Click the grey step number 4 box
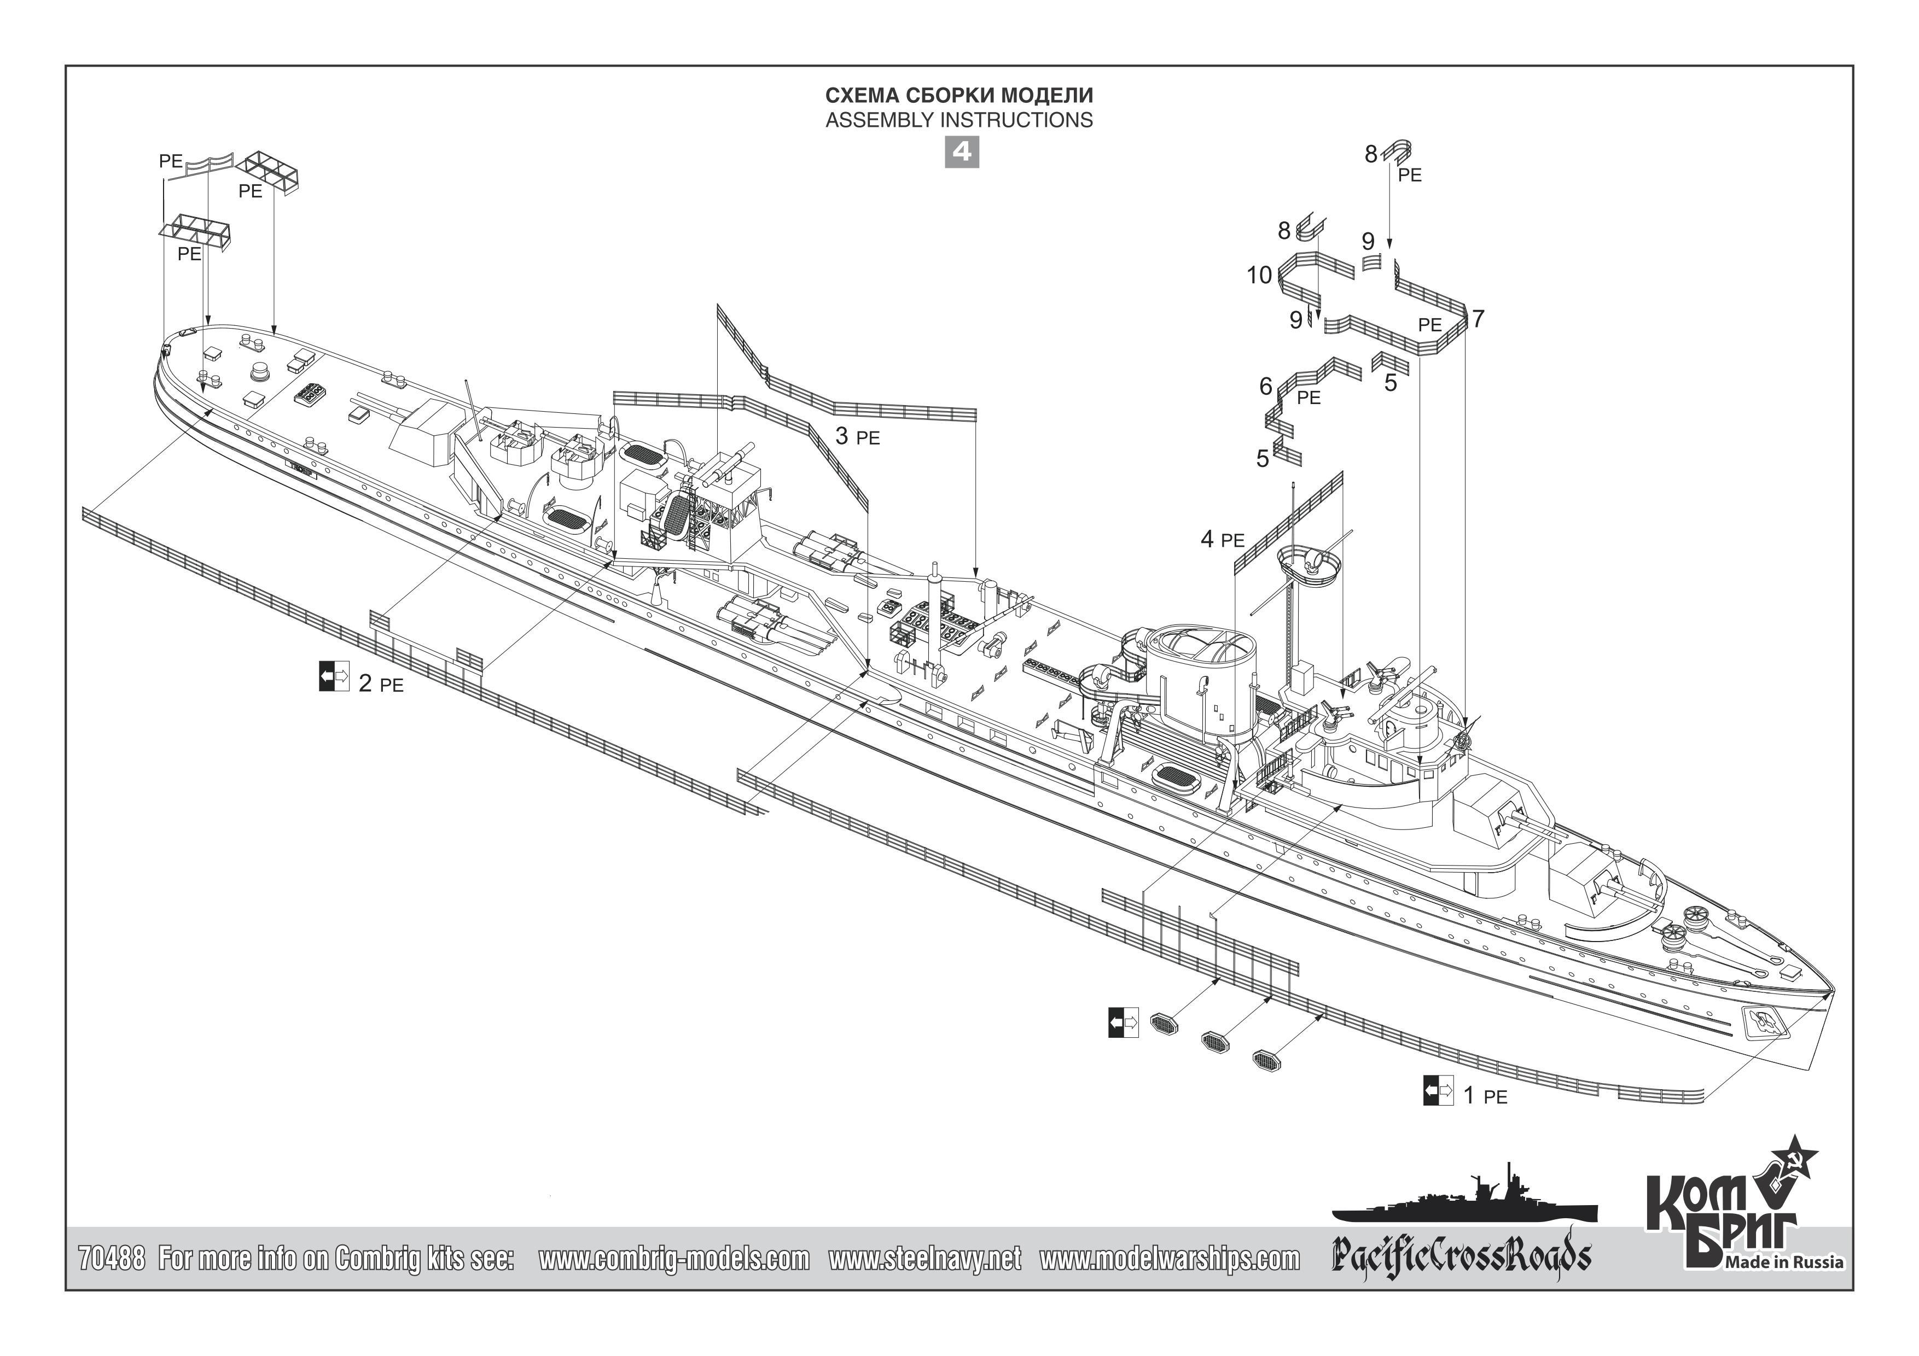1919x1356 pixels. click(961, 152)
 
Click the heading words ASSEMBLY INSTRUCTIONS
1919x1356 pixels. click(958, 120)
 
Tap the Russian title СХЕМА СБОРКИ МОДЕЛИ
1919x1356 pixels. click(958, 95)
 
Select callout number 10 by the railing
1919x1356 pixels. click(1259, 275)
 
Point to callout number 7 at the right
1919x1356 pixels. click(1478, 318)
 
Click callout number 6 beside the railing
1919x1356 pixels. click(1265, 386)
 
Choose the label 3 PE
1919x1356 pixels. click(857, 436)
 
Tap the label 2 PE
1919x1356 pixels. click(380, 683)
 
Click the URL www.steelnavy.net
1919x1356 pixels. click(924, 1258)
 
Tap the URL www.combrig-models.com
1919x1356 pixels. click(673, 1258)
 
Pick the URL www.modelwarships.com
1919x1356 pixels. click(1169, 1258)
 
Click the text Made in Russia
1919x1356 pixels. click(1783, 1261)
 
